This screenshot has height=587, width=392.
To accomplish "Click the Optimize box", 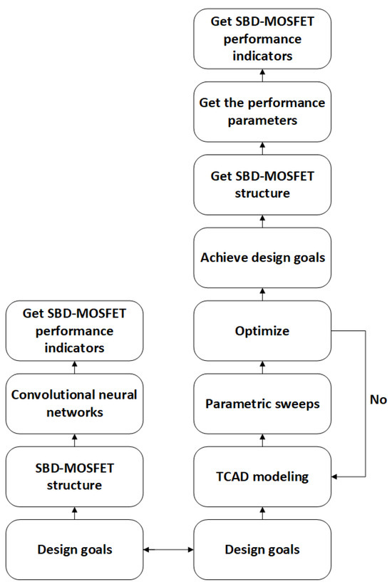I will tap(262, 330).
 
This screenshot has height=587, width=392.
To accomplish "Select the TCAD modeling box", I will tap(262, 476).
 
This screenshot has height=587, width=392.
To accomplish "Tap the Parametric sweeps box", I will tap(262, 404).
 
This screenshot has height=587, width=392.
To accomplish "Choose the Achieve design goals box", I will tap(262, 257).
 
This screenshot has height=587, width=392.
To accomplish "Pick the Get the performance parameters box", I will tap(262, 111).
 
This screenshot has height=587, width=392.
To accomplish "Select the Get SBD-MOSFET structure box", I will tap(262, 184).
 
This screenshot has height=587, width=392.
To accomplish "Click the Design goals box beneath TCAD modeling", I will tap(262, 549).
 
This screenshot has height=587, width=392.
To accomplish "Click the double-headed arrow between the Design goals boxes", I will tap(167, 550).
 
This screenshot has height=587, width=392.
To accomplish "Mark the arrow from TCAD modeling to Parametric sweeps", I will tap(262, 440).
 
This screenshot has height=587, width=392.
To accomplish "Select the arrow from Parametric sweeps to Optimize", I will tap(262, 367).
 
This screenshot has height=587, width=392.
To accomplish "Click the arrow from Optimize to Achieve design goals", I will tap(262, 294).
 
